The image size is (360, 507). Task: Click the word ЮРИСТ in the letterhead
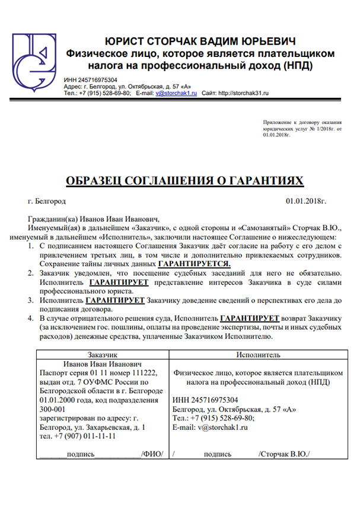point(125,42)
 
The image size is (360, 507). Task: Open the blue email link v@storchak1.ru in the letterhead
point(176,93)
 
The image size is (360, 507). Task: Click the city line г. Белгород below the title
point(46,202)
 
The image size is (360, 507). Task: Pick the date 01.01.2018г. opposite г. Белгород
point(306,202)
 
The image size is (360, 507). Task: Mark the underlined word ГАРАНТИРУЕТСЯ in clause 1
point(194,263)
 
